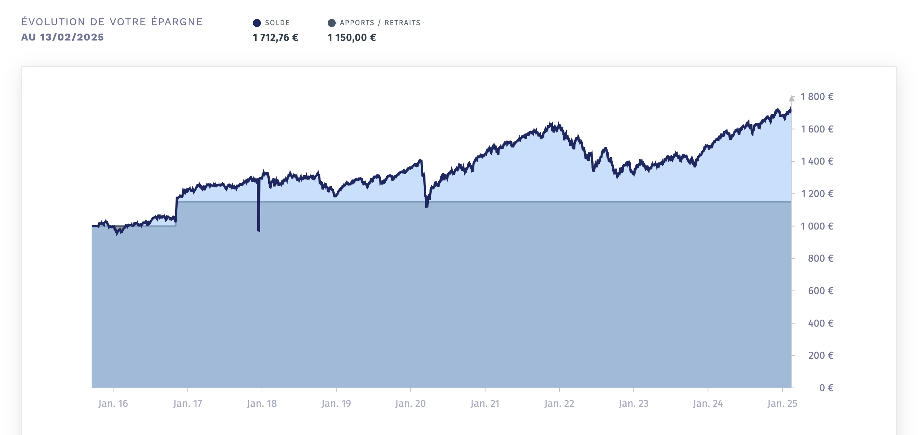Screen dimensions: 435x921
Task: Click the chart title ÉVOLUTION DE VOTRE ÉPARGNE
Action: [x=112, y=22]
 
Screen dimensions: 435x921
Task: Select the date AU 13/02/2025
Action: [x=62, y=37]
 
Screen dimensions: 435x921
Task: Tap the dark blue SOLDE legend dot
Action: [x=257, y=23]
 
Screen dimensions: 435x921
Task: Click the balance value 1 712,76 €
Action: [x=275, y=38]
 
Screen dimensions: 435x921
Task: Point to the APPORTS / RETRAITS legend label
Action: [x=380, y=23]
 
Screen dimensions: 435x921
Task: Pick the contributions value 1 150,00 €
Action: [x=351, y=38]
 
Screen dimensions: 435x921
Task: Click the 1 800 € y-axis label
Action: [x=817, y=97]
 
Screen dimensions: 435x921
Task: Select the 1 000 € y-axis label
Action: [x=817, y=226]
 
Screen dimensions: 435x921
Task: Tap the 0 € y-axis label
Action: [x=826, y=388]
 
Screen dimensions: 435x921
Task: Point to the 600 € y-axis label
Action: [x=820, y=291]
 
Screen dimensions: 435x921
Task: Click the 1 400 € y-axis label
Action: [x=817, y=161]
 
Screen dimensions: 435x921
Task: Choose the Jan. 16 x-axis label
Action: [x=113, y=404]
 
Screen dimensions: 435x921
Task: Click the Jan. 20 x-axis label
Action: [x=411, y=404]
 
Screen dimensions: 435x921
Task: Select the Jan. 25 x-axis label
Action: [x=782, y=404]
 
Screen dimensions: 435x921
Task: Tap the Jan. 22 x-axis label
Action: [x=559, y=404]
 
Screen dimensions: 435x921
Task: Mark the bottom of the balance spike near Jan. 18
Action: [x=259, y=230]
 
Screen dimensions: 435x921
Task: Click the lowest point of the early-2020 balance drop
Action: [x=427, y=207]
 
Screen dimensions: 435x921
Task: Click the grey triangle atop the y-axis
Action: [x=791, y=99]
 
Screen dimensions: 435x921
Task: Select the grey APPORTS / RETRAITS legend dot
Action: [x=332, y=23]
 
